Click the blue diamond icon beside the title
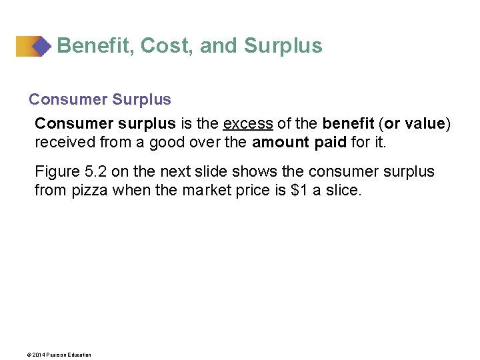coord(41,46)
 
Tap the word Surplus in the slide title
coord(283,46)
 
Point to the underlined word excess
coord(248,124)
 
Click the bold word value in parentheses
coord(424,124)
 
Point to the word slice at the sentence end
coord(342,190)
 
